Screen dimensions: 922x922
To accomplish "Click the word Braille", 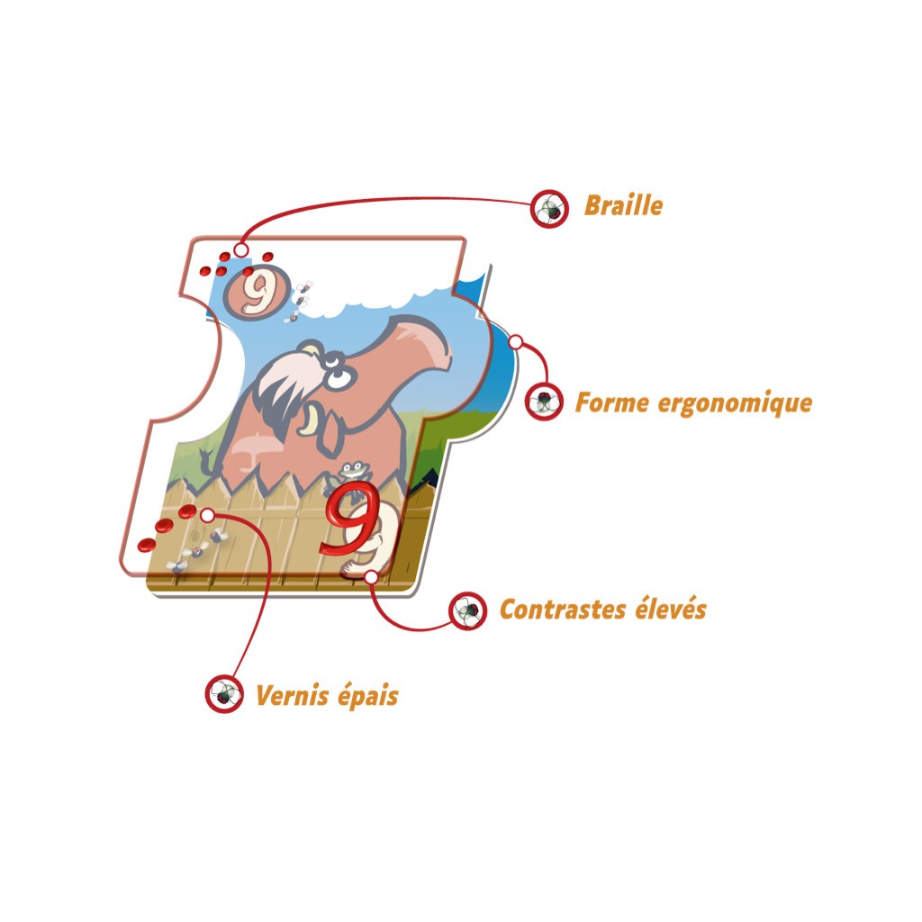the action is [x=623, y=206].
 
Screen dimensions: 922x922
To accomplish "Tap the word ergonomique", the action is [x=735, y=404].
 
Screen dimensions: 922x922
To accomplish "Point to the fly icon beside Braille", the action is [x=549, y=209].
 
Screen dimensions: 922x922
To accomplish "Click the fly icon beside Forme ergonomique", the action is [x=543, y=402].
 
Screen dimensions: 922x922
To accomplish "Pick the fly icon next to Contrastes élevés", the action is [x=467, y=611].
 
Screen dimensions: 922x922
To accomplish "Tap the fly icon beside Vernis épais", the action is [x=224, y=694].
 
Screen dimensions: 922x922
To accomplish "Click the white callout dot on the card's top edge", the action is [x=240, y=250].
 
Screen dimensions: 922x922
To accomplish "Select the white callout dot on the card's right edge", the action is [x=515, y=341].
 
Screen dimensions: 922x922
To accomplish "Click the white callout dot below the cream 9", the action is [x=371, y=577].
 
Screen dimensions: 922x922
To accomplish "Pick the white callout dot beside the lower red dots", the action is [x=207, y=515].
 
